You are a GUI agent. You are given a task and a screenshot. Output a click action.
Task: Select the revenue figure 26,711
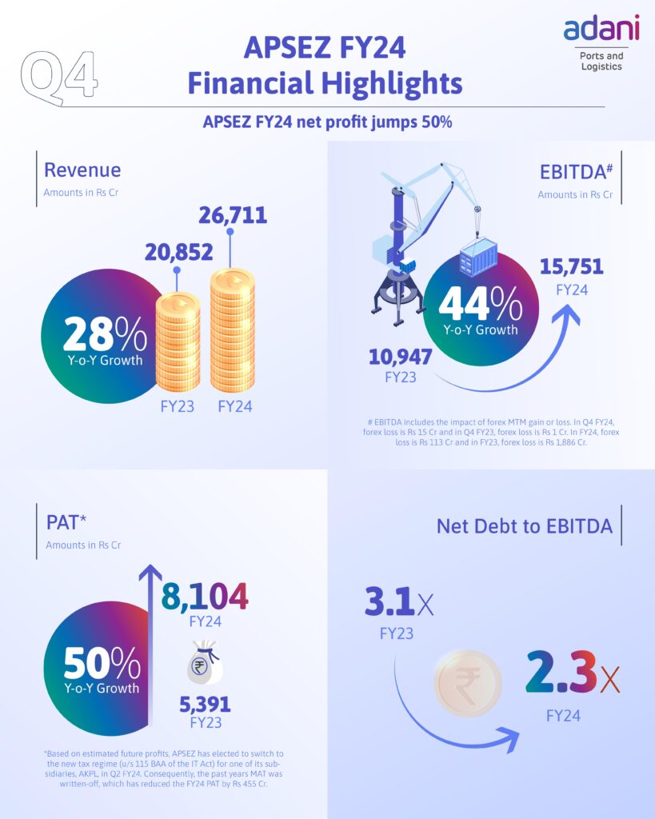tap(232, 215)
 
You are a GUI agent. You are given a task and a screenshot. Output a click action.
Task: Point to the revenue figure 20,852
tap(178, 252)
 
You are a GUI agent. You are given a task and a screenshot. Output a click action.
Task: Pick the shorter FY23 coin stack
tap(178, 342)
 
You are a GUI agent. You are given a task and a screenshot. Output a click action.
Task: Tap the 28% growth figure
tap(105, 334)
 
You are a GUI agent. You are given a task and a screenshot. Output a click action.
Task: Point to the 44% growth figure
tap(479, 304)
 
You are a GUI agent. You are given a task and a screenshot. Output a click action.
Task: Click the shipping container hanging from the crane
tap(478, 259)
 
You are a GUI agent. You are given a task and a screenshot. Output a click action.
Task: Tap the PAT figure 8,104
tap(205, 596)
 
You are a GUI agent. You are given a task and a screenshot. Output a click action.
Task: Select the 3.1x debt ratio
tap(399, 604)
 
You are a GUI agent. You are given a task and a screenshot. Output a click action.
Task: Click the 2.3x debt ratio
tap(571, 673)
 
